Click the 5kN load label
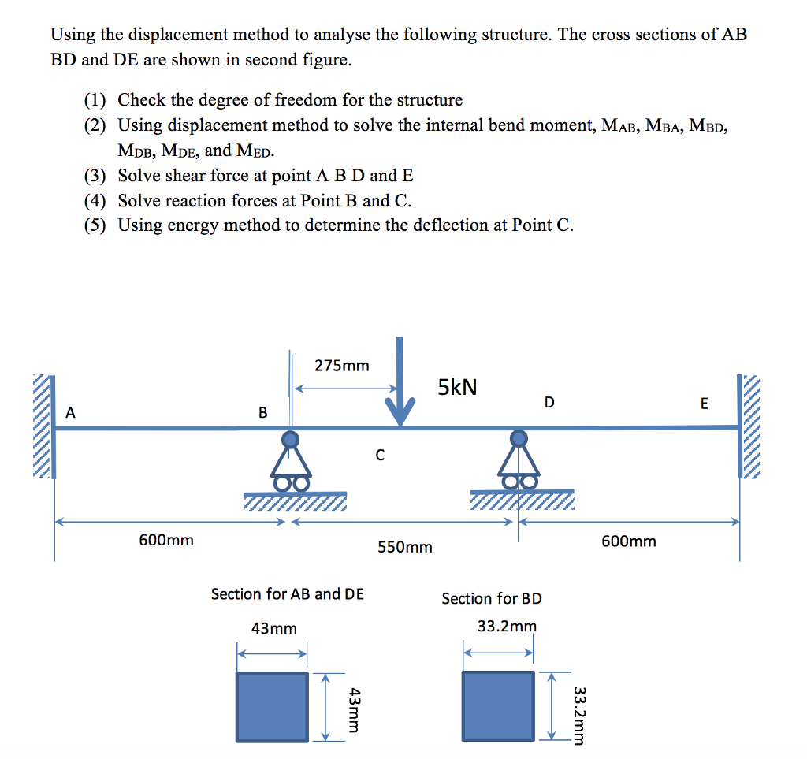[457, 387]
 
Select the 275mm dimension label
[342, 366]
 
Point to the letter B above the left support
[263, 412]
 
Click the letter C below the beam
[380, 455]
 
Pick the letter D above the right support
[549, 403]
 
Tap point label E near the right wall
[704, 404]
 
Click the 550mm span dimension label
[405, 547]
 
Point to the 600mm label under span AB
[166, 541]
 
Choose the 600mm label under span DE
[628, 541]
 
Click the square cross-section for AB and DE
[273, 706]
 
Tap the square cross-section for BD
[498, 706]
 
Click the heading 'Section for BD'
[492, 599]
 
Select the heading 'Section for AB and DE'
[288, 594]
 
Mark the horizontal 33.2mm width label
[507, 627]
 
